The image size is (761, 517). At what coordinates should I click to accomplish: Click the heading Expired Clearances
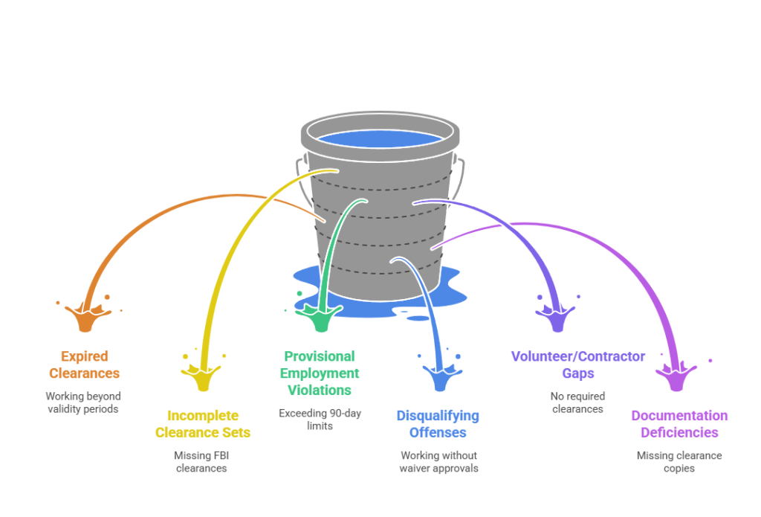tap(84, 365)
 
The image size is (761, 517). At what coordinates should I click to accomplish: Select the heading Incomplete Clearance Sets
tap(202, 424)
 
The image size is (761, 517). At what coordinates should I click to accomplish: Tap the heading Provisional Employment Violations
tap(319, 373)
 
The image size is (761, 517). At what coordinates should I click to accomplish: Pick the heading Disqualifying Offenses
tap(437, 424)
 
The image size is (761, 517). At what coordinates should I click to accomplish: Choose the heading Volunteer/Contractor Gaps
tap(577, 365)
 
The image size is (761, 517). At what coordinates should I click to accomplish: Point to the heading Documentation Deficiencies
tap(679, 424)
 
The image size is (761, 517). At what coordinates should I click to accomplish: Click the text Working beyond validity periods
tap(83, 402)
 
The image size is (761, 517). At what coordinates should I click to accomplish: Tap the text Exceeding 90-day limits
tap(320, 419)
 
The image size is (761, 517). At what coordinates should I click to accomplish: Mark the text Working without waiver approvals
tap(438, 462)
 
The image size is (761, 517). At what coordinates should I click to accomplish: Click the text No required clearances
tap(577, 402)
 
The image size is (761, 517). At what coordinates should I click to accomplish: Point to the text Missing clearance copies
tap(679, 462)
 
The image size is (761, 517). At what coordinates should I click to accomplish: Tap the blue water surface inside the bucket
tap(380, 138)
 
